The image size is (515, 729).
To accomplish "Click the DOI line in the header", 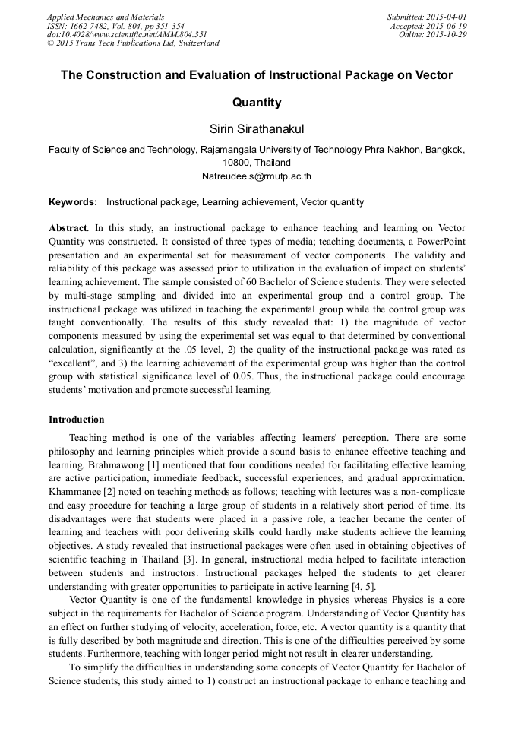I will tap(126, 35).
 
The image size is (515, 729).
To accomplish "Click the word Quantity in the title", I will tap(257, 102).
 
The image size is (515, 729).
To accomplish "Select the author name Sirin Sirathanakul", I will tap(257, 130).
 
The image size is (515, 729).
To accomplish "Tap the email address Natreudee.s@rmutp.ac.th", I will tap(257, 176).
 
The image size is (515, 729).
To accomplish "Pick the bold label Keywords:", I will tap(73, 202).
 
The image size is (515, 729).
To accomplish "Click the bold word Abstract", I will tap(68, 228).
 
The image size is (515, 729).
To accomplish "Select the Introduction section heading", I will tap(77, 420).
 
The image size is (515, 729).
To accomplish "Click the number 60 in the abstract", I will tap(228, 279).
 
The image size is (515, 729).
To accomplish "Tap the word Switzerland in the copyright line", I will tap(197, 43).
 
